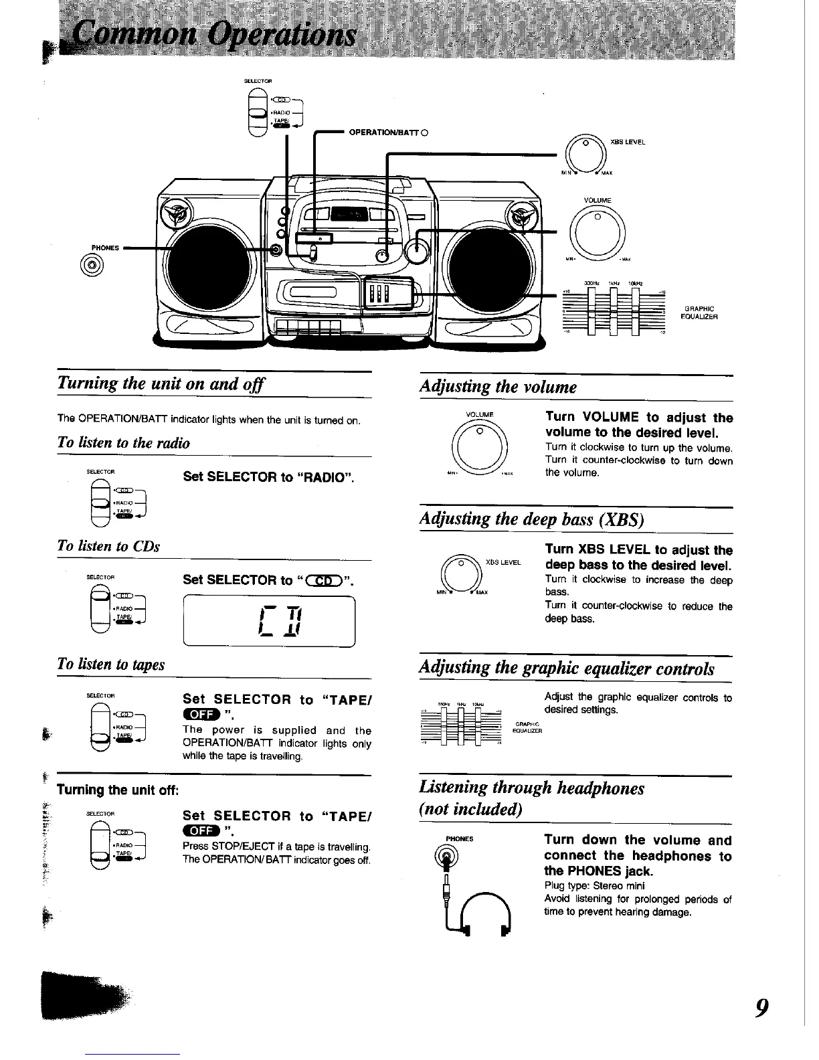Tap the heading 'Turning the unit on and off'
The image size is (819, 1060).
[x=161, y=384]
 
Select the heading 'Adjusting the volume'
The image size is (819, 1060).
[x=498, y=387]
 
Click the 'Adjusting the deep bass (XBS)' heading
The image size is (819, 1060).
[x=531, y=519]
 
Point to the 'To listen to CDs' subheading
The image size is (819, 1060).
[x=109, y=546]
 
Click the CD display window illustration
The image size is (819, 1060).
[x=269, y=621]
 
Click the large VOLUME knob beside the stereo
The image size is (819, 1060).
[x=598, y=231]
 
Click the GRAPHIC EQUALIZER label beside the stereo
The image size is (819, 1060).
[x=699, y=313]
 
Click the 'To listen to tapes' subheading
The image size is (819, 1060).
[x=111, y=665]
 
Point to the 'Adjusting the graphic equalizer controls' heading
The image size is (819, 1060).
[x=567, y=669]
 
